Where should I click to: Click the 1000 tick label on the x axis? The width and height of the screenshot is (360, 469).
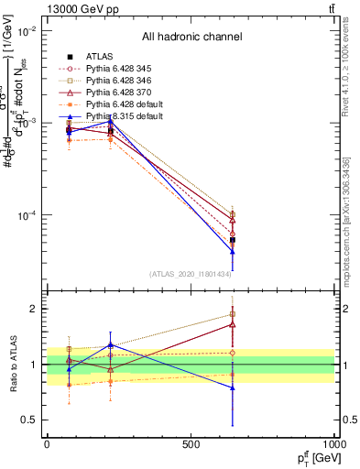pyautogui.click(x=332, y=444)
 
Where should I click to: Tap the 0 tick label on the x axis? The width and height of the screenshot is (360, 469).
pyautogui.click(x=47, y=444)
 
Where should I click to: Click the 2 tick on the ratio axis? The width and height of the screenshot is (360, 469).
pyautogui.click(x=33, y=309)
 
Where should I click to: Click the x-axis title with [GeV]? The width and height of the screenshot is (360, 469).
pyautogui.click(x=309, y=459)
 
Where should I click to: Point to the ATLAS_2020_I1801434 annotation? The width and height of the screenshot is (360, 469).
pyautogui.click(x=191, y=273)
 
